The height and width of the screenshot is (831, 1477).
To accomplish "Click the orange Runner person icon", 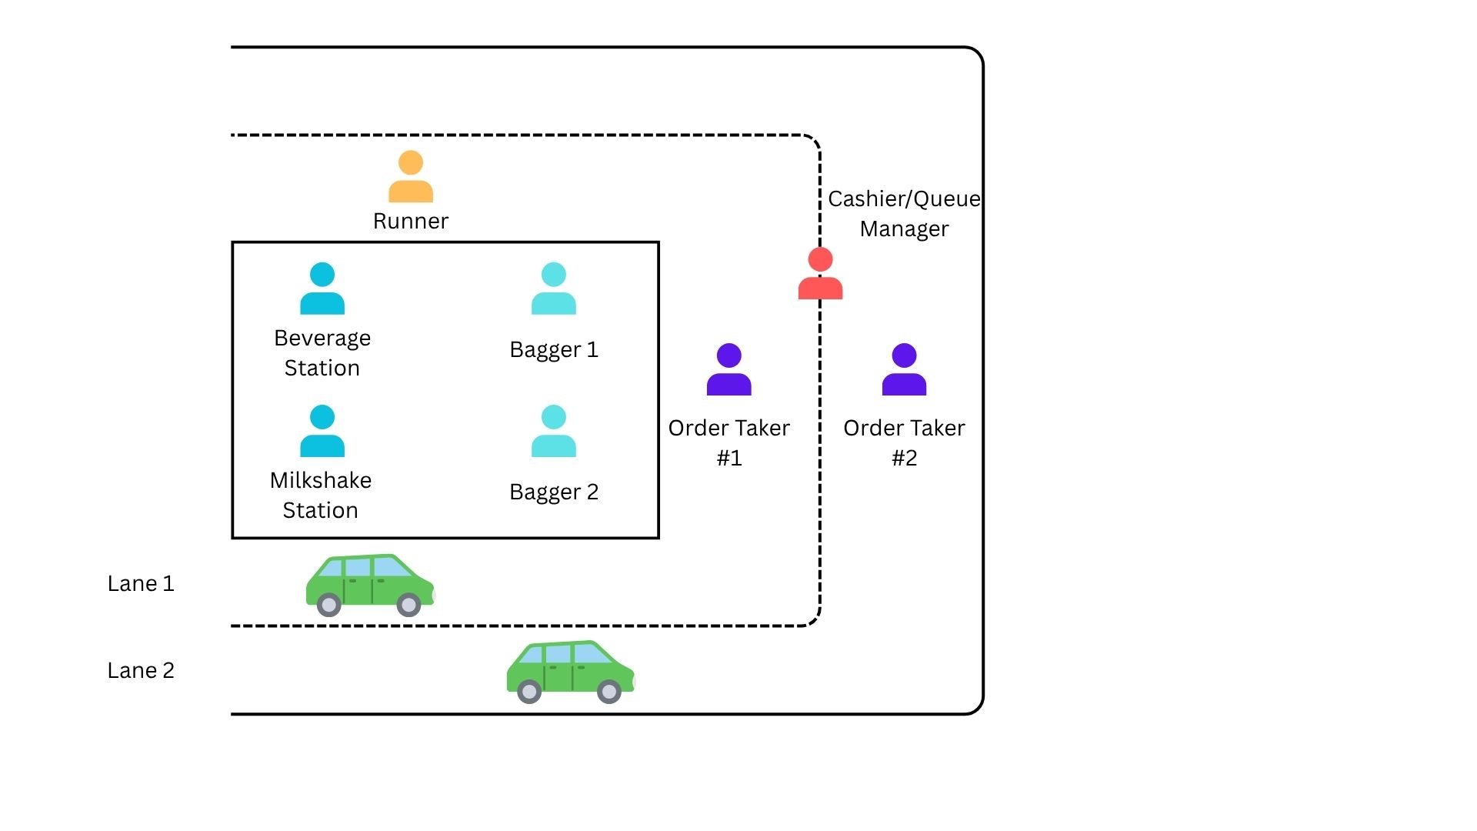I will (x=411, y=177).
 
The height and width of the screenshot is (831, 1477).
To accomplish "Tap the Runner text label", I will (x=411, y=222).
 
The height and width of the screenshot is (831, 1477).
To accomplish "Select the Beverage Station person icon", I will (x=322, y=289).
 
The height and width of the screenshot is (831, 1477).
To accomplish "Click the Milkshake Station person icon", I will (x=322, y=431).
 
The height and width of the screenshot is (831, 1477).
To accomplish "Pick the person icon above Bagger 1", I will (x=554, y=289).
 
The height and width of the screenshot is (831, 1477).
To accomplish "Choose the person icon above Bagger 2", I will (x=554, y=431).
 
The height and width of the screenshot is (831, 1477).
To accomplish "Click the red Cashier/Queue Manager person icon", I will (x=820, y=274).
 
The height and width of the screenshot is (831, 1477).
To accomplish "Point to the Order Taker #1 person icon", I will (x=728, y=370).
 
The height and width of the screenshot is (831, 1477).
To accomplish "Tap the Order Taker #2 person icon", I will (x=904, y=370).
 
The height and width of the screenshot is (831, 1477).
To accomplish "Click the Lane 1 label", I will (x=141, y=584).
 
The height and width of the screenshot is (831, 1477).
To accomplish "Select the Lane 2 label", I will (x=141, y=671).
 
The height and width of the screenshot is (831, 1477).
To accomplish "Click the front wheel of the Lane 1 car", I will (x=408, y=605).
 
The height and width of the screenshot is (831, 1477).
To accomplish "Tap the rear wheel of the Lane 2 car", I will (x=529, y=692).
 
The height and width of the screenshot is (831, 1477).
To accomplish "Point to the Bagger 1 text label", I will (x=554, y=350).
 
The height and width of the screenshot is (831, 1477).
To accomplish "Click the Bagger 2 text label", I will (x=554, y=492).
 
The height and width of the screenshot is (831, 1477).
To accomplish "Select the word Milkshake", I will (x=321, y=481).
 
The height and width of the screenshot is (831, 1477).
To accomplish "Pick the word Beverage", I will (x=322, y=339).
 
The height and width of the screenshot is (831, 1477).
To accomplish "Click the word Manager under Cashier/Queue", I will (x=904, y=229).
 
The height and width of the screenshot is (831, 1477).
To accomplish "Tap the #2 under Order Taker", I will (x=904, y=459).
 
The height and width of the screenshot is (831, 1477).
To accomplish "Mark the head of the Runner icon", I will (x=411, y=162).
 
